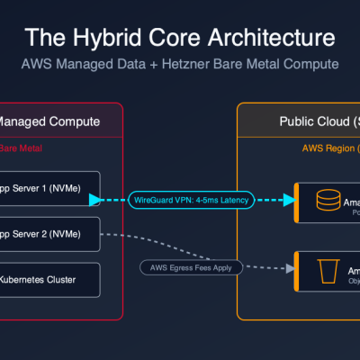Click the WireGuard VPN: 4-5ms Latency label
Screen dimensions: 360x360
coord(193,199)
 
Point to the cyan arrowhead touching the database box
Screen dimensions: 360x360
coord(289,199)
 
